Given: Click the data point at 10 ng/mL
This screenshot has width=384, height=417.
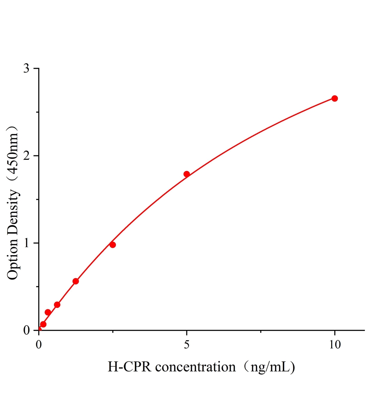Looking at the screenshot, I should click(334, 98).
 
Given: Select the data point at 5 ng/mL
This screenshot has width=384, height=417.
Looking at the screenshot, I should click(186, 174).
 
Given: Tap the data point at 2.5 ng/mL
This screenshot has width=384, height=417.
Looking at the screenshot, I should click(113, 245).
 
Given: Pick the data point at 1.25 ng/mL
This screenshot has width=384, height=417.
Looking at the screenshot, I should click(75, 281).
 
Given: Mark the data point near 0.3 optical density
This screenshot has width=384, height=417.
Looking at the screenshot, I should click(57, 305).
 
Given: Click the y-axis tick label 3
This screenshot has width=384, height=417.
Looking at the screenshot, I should click(26, 68).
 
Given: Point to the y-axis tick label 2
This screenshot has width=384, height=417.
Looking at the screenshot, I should click(26, 156).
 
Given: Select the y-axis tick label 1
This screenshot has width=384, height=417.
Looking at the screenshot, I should click(26, 243).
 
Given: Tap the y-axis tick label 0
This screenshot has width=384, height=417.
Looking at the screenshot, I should click(26, 330).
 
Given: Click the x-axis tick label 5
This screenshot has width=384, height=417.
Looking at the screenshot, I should click(187, 344).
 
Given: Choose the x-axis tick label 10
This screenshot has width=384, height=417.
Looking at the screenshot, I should click(334, 344).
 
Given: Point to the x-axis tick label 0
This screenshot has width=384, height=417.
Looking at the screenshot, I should click(39, 344).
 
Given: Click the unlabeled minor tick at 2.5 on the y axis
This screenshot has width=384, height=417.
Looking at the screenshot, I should click(37, 112).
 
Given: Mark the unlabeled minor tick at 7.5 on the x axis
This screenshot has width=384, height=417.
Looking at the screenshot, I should click(261, 332).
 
